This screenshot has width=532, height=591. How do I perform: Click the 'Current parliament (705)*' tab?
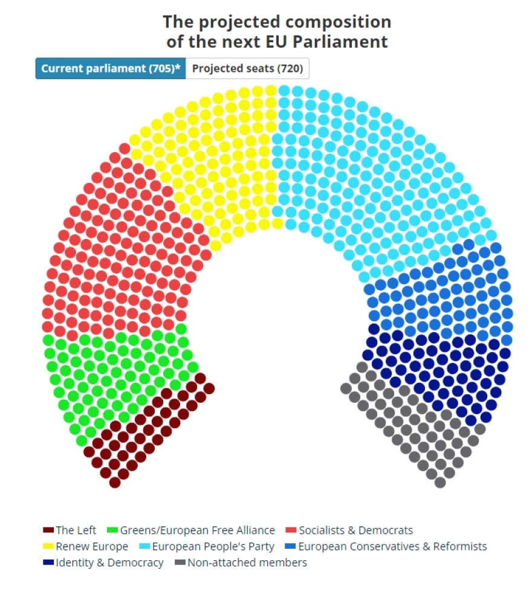coord(111,68)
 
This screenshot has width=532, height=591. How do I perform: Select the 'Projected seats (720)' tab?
coord(247,68)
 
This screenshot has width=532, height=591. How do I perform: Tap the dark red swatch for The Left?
coord(48,531)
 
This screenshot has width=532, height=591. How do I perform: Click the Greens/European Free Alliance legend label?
coord(197,531)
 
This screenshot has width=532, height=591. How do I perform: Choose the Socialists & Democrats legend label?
coord(355,531)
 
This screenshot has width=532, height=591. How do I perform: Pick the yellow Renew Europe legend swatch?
coord(48,547)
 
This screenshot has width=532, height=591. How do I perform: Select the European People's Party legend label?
coord(213,547)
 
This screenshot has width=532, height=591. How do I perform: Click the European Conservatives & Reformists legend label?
coord(392,547)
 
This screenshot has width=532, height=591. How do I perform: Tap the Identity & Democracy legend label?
coord(109,563)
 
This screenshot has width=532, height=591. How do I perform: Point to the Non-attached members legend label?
coord(247,563)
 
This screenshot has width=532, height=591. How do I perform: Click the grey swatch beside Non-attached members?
coord(180,563)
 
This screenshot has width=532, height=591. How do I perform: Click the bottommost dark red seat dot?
coord(115,482)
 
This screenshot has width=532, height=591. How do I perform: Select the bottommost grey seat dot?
coord(440,482)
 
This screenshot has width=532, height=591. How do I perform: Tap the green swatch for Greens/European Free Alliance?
coord(112,531)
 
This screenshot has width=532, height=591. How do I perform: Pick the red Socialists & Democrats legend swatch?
coord(290,531)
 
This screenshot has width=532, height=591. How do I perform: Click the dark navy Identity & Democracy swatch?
coord(48,563)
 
